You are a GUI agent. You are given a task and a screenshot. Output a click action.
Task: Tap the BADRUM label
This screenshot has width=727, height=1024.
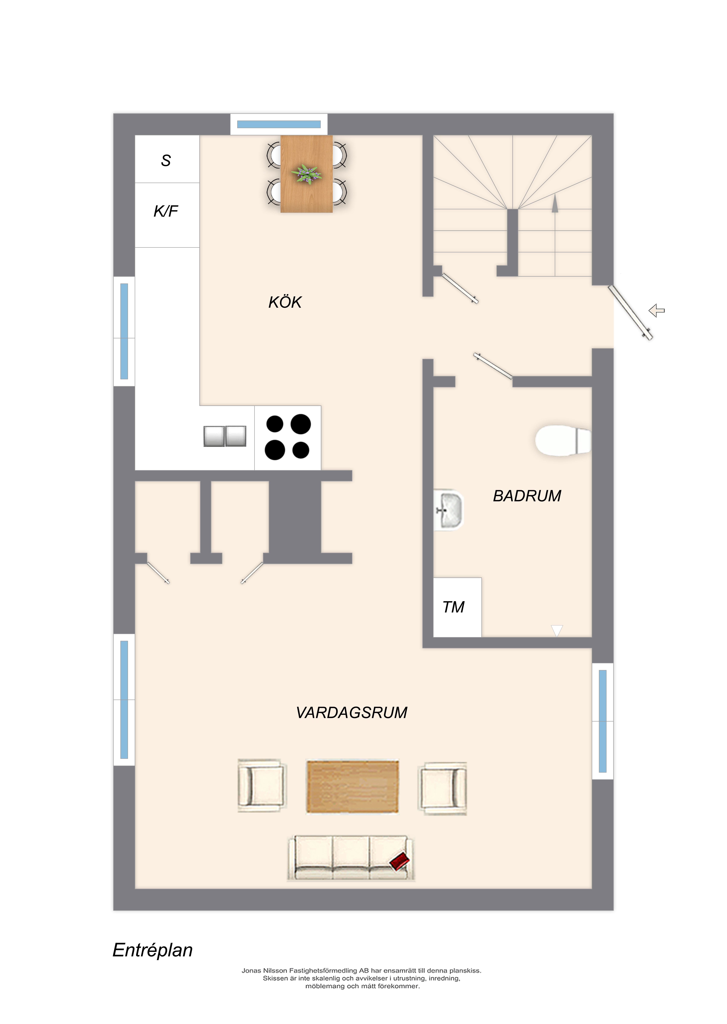click(x=527, y=496)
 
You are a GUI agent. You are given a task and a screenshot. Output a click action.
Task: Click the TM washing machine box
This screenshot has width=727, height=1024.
click(x=457, y=607)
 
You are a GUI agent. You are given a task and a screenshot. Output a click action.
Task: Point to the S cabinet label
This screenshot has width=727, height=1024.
click(x=166, y=160)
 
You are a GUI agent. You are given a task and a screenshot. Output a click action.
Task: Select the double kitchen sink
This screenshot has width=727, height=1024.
click(x=225, y=436)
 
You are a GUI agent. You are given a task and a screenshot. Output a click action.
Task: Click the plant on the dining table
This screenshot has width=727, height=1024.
click(x=307, y=174)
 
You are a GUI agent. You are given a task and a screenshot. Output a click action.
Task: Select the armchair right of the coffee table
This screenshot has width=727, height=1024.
click(x=442, y=788)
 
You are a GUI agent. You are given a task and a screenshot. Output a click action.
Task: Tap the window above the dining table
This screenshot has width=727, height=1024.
click(x=279, y=124)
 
